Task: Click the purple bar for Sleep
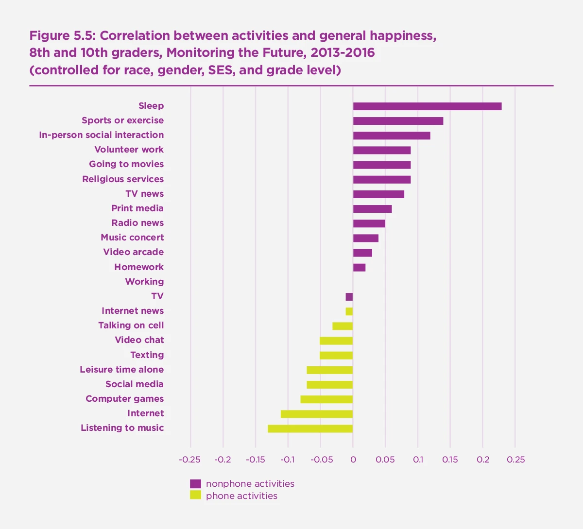[x=427, y=106]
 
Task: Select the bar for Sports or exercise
[x=398, y=121]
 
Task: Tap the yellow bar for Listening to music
[x=310, y=428]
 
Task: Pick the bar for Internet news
[x=349, y=311]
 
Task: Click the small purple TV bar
[x=349, y=297]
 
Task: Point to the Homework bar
[x=359, y=268]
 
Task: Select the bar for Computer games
[x=326, y=399]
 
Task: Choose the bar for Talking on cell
[x=343, y=326]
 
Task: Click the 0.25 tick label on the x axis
[x=515, y=460]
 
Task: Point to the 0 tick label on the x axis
[x=353, y=460]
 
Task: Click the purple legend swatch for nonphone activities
[x=195, y=484]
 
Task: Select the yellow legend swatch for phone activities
[x=195, y=495]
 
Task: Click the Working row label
[x=144, y=282]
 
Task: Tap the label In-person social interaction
[x=102, y=135]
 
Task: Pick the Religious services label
[x=123, y=179]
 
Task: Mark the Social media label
[x=135, y=384]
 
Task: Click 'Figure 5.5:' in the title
[x=63, y=36]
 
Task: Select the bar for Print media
[x=372, y=209]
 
